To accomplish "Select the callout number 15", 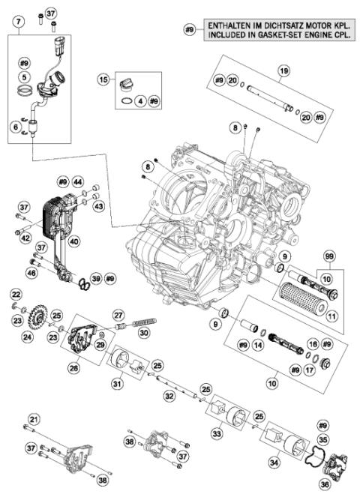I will (104, 78).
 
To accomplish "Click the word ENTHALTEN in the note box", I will (233, 23).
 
